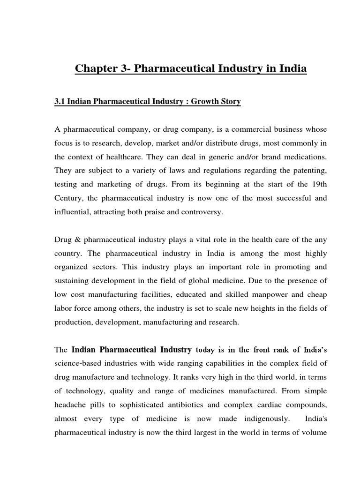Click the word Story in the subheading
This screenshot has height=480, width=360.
coord(230,102)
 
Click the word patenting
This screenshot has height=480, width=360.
coord(308,171)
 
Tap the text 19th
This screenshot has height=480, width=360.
coord(318,185)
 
